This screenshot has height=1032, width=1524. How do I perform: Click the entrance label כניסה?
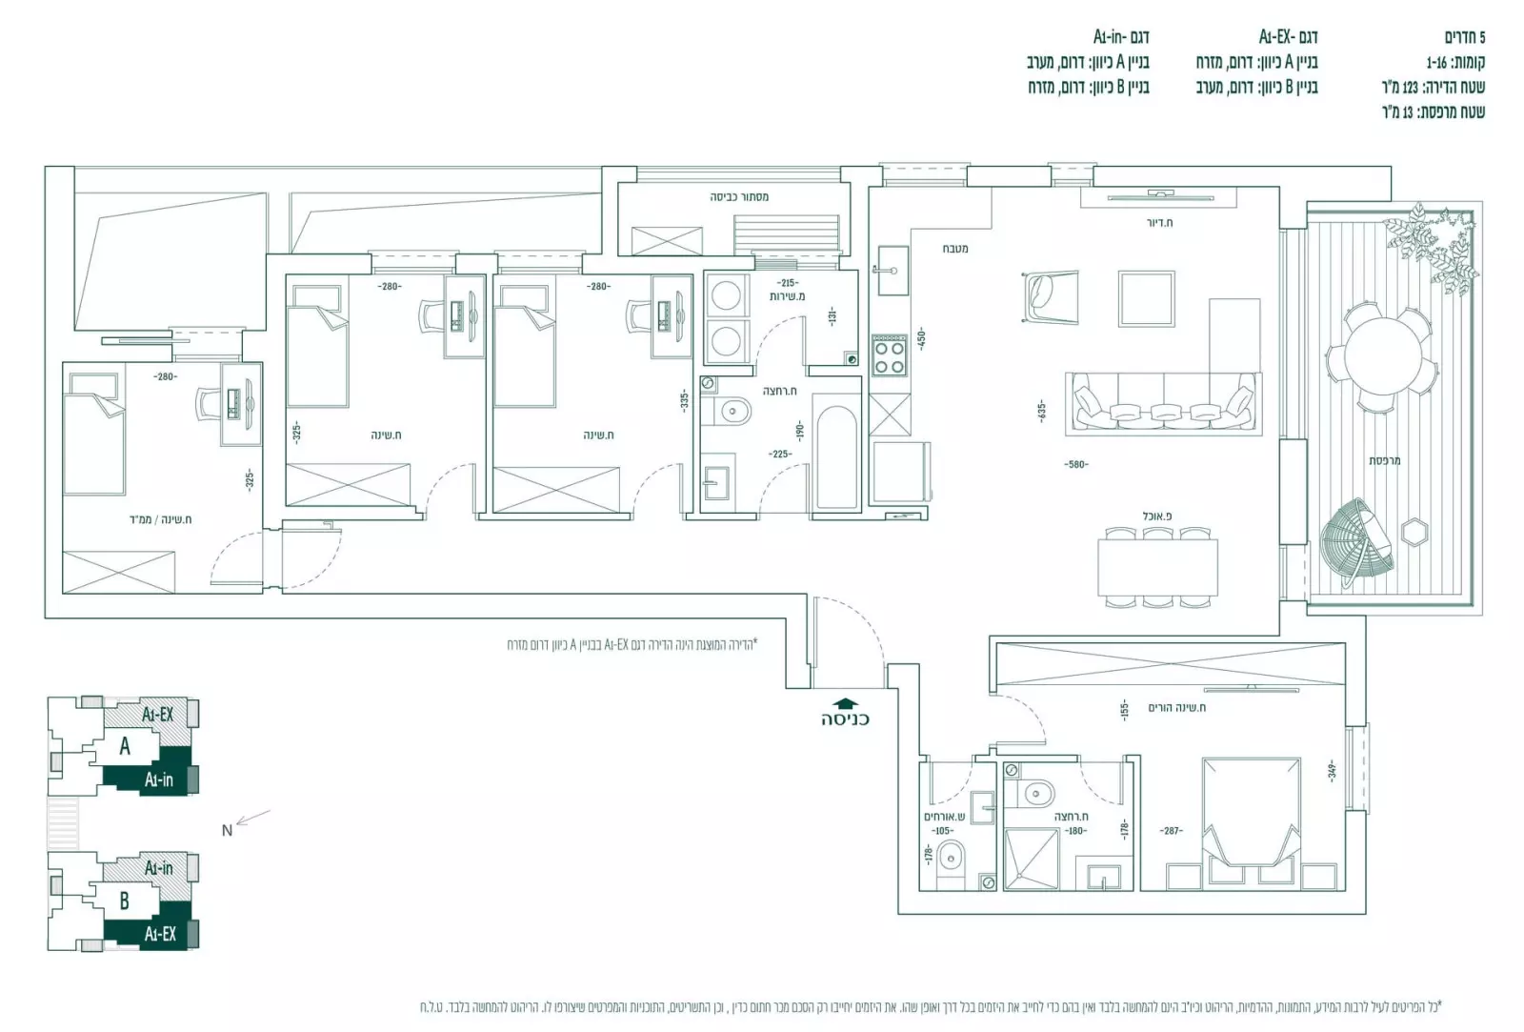(845, 718)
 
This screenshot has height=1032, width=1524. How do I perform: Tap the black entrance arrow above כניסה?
(845, 704)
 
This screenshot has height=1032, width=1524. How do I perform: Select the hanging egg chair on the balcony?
(1356, 540)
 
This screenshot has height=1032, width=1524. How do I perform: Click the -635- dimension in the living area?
(1042, 411)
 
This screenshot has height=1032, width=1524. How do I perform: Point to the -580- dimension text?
(1075, 464)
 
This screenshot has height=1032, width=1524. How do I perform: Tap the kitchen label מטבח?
(955, 248)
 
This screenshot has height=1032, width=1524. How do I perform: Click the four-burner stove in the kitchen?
(890, 355)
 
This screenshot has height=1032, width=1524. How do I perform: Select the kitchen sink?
(892, 270)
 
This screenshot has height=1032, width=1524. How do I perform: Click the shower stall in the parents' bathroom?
(1032, 859)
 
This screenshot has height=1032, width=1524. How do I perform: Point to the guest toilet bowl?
(951, 860)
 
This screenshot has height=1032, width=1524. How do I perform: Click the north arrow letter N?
(227, 830)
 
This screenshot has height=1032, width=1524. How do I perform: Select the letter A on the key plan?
(125, 746)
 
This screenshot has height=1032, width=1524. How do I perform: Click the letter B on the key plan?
(125, 900)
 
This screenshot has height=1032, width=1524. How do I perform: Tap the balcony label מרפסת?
(1384, 460)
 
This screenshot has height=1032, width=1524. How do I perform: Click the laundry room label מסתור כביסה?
(739, 196)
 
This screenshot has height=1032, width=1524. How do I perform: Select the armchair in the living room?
(1052, 293)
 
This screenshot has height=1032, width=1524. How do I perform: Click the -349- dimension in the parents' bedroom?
(1333, 768)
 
